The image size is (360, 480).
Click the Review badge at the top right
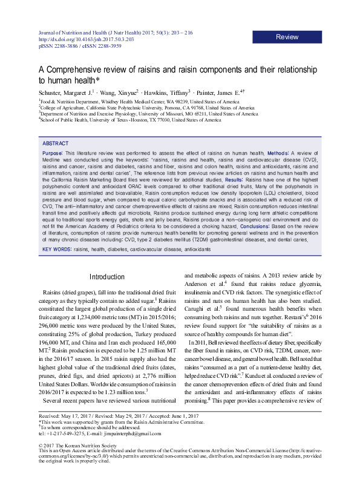(287, 37)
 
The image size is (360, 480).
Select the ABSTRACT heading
(56, 143)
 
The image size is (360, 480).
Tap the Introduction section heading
(106, 277)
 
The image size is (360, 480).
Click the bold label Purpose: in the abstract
(53, 154)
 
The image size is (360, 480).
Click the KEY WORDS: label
(57, 266)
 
